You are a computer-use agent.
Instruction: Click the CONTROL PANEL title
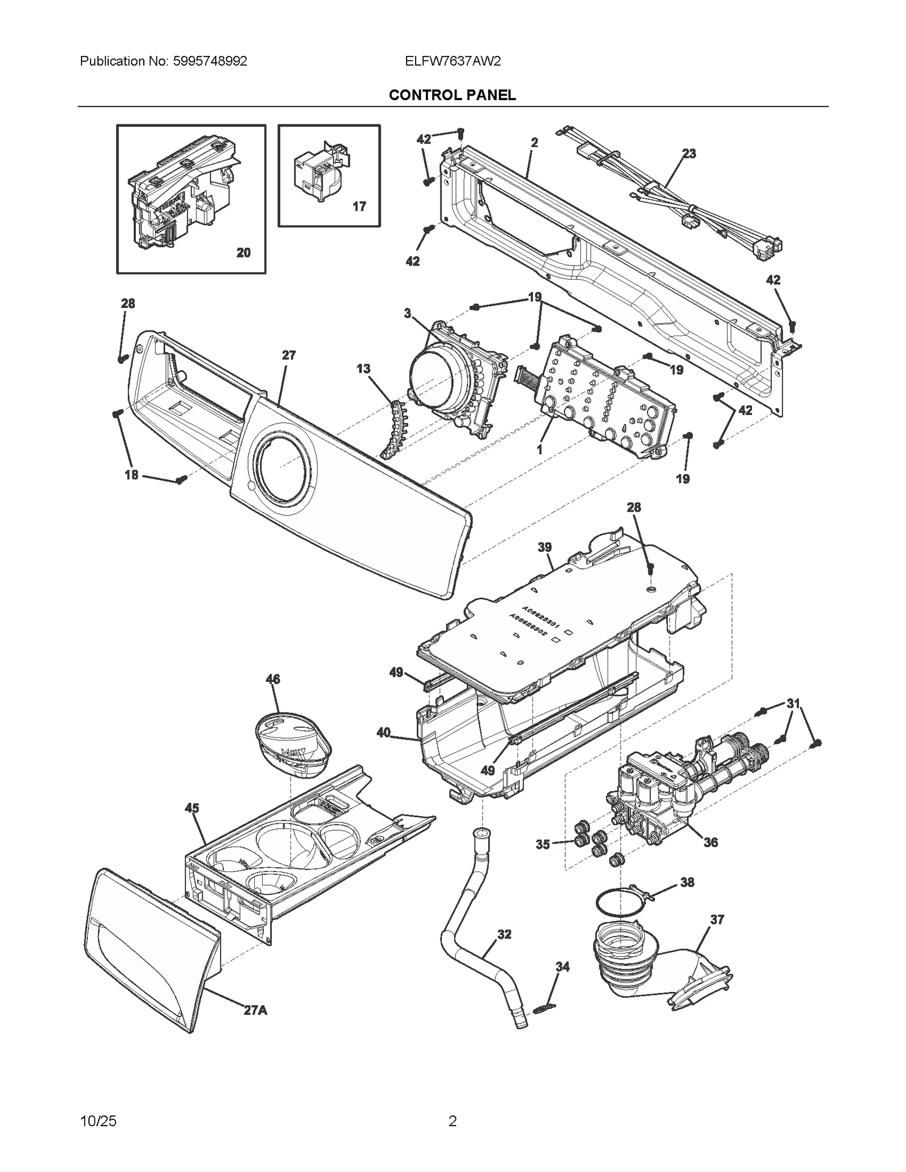[452, 95]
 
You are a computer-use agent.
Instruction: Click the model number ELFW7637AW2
[452, 61]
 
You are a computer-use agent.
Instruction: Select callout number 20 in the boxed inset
[243, 252]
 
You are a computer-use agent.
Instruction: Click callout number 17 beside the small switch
[359, 207]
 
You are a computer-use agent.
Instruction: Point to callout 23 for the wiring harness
[689, 153]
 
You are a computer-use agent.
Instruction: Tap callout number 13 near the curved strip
[363, 369]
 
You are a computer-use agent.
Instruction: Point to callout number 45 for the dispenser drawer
[192, 808]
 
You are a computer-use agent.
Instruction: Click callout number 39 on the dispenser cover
[545, 547]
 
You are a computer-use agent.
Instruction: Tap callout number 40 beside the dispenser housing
[383, 733]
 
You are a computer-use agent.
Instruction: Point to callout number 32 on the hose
[504, 934]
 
